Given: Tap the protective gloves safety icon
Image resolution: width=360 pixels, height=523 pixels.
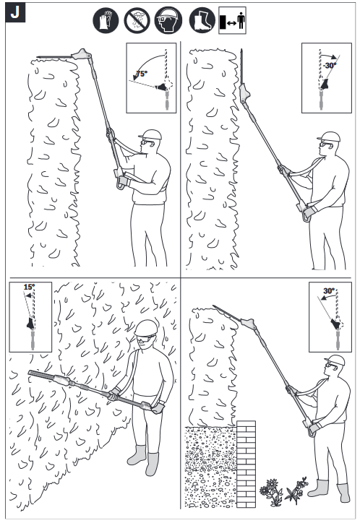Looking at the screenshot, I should (x=106, y=20).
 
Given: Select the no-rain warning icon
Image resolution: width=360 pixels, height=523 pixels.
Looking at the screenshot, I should (x=137, y=20).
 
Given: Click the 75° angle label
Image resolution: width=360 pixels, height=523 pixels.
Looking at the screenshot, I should (x=142, y=74).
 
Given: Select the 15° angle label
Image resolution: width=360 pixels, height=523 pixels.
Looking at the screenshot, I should (x=28, y=288).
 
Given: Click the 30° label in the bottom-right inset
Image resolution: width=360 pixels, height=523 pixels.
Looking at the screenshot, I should (x=328, y=291).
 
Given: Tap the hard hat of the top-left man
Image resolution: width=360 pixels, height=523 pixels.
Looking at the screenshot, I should (x=152, y=135).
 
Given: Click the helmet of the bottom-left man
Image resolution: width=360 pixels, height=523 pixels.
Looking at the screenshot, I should (x=146, y=327).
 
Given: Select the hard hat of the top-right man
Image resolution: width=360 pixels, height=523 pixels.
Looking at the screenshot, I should (x=329, y=137).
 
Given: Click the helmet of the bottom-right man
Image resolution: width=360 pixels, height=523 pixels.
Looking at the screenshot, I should (x=335, y=360).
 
